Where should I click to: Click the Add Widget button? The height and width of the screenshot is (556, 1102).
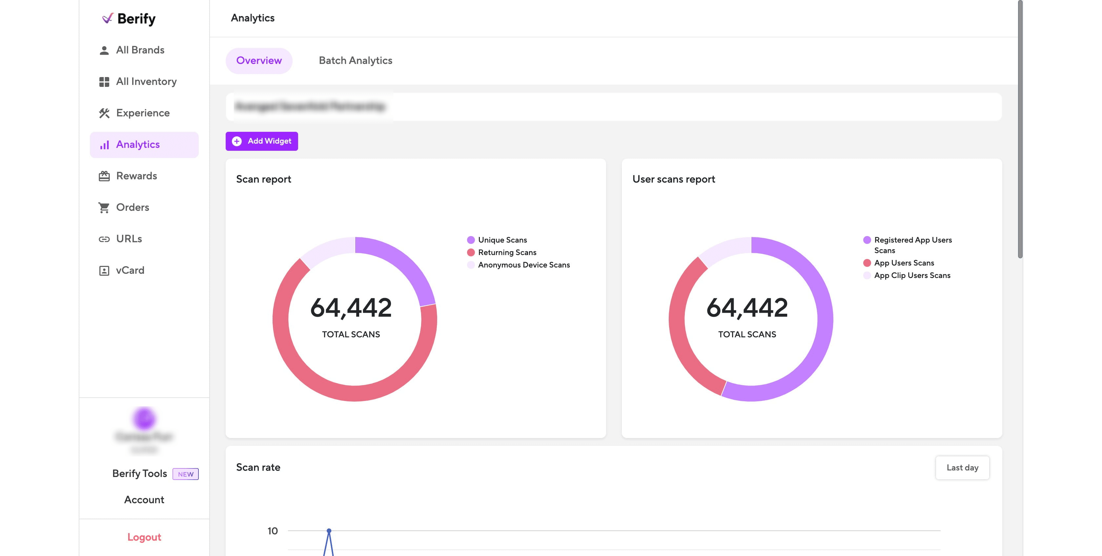point(261,141)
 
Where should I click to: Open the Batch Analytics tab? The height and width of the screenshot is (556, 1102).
point(355,61)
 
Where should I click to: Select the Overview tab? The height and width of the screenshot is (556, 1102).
point(259,61)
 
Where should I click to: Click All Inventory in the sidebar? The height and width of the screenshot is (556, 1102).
point(146,81)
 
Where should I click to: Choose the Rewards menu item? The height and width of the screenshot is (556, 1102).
point(136,176)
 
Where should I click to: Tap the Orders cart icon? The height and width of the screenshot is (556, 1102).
point(104,208)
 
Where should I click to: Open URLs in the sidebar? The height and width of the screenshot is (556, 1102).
point(129,239)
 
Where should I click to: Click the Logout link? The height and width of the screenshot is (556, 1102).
point(144,537)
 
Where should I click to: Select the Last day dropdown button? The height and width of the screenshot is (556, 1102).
point(962,467)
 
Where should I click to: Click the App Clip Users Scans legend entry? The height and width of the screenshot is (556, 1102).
point(912,275)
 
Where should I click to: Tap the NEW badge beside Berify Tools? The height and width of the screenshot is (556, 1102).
point(185,474)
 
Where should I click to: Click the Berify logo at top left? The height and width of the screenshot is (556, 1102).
point(129,18)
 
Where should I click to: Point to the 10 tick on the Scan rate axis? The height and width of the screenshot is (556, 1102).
point(273,531)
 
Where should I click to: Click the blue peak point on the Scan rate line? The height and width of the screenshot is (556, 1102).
point(329,531)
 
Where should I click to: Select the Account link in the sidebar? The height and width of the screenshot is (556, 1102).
point(144,500)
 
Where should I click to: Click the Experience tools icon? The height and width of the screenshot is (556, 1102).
point(104,113)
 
